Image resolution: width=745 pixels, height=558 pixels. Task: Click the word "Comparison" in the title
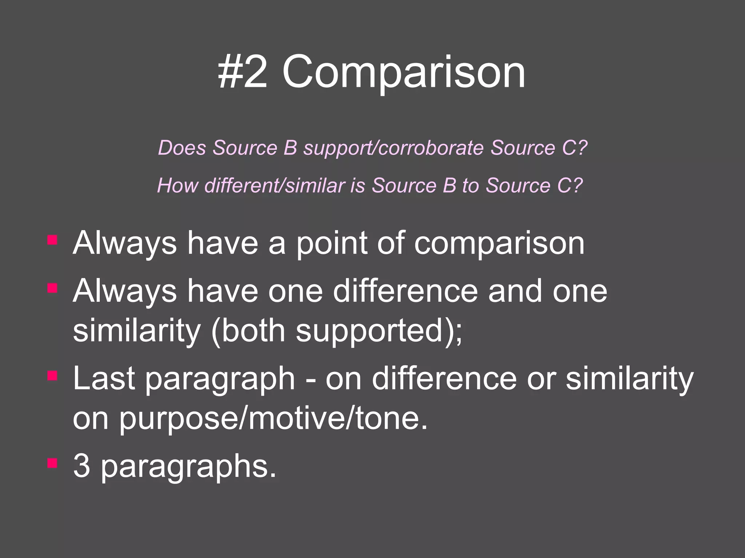403,73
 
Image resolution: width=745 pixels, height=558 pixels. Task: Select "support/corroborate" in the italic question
394,148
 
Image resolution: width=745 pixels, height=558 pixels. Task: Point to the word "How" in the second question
178,186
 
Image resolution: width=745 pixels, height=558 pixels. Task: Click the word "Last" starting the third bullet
104,378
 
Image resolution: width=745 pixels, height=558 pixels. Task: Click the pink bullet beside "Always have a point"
52,240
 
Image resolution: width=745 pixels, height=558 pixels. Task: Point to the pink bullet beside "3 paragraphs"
52,463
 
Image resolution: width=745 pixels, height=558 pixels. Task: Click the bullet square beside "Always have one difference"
52,288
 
